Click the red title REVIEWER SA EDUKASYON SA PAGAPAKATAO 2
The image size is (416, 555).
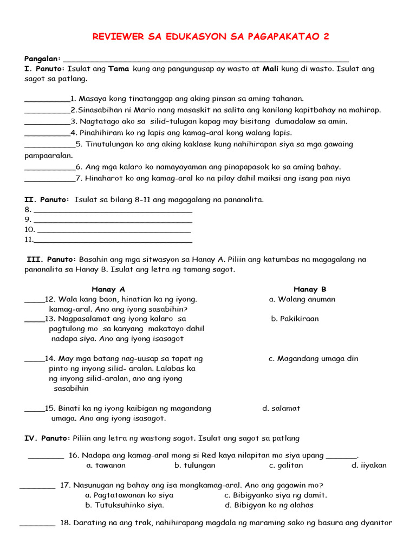(x=211, y=36)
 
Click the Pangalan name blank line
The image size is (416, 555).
(x=206, y=60)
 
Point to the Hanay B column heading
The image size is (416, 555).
(x=310, y=289)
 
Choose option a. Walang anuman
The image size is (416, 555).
(x=302, y=299)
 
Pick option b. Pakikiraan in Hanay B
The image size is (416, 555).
(x=295, y=319)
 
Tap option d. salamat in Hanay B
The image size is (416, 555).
(x=281, y=408)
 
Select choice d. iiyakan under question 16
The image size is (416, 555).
(x=369, y=465)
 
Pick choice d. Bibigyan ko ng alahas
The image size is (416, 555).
(x=269, y=505)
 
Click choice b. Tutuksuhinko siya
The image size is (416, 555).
(x=125, y=505)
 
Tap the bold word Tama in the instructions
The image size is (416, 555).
(x=119, y=69)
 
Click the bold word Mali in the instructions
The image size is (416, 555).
(x=271, y=69)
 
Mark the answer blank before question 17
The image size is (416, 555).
(x=37, y=486)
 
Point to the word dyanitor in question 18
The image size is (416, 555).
(x=374, y=523)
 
